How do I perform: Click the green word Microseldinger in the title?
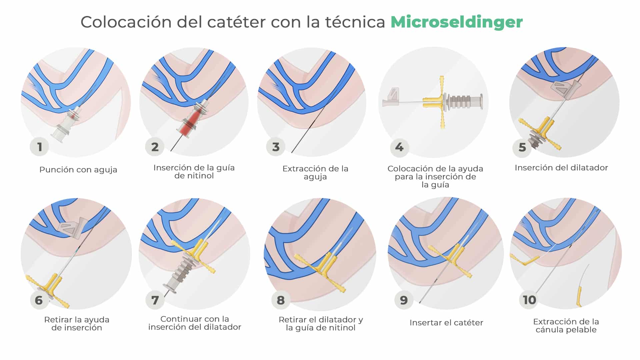(456, 22)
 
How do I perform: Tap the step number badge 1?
(39, 147)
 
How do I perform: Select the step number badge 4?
(399, 147)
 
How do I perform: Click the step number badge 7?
(155, 300)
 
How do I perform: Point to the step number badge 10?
(529, 300)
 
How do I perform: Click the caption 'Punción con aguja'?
(78, 170)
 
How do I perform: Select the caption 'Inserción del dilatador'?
(561, 168)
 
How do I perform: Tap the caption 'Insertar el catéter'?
(446, 323)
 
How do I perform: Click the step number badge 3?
(276, 147)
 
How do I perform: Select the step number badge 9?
(404, 300)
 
